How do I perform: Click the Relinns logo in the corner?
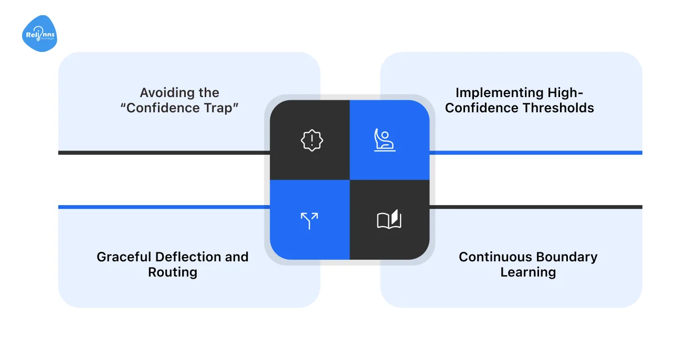(39, 34)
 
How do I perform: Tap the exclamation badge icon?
(312, 140)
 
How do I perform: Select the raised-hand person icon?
(385, 140)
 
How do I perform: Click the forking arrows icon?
(310, 220)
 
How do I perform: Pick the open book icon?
(389, 219)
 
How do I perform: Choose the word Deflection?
(187, 257)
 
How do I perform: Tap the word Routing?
(173, 272)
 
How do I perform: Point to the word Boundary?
(566, 257)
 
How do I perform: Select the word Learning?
(528, 272)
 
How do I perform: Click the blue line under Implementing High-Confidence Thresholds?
(535, 153)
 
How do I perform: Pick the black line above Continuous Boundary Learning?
(535, 207)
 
